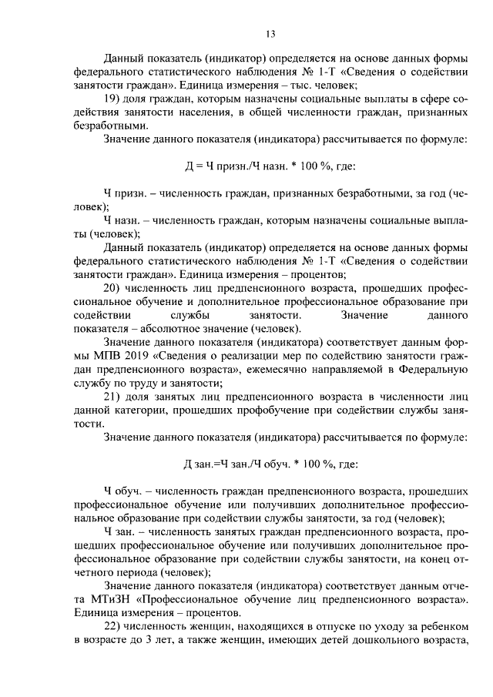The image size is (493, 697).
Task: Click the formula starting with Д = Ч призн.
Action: pyautogui.click(x=270, y=166)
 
